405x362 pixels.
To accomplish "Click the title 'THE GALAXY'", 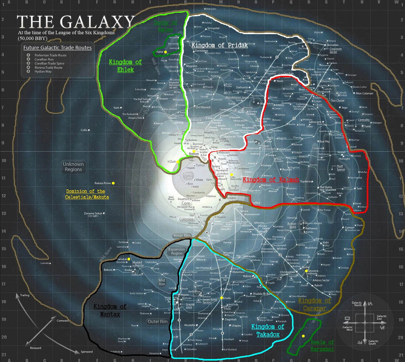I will (x=76, y=22).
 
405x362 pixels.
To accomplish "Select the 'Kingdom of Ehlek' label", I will (x=125, y=66).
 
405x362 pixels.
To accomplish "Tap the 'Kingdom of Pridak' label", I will (x=220, y=45).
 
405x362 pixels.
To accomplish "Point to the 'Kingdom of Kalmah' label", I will (x=271, y=180).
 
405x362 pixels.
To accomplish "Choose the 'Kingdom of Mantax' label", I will (x=110, y=310).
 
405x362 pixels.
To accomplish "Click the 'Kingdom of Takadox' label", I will (x=268, y=331).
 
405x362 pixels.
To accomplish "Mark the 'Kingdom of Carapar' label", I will (x=315, y=304).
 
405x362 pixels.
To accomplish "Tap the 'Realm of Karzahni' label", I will (x=322, y=346).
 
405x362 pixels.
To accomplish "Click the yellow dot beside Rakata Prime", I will (x=113, y=183).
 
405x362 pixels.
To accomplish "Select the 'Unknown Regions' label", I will (x=73, y=167).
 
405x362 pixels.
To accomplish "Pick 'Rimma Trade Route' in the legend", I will (x=48, y=68).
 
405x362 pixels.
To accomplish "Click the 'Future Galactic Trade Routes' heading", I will (x=58, y=48).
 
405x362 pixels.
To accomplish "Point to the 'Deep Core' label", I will (x=188, y=176).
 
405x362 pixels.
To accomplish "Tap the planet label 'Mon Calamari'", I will (x=364, y=93).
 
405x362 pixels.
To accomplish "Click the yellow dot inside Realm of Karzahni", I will (x=303, y=336).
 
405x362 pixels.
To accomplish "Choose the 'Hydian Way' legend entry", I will (x=43, y=71).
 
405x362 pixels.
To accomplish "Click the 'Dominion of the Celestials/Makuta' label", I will (x=87, y=194).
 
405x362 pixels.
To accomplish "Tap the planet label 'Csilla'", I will (x=84, y=130).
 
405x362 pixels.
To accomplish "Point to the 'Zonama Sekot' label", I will (x=93, y=213).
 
